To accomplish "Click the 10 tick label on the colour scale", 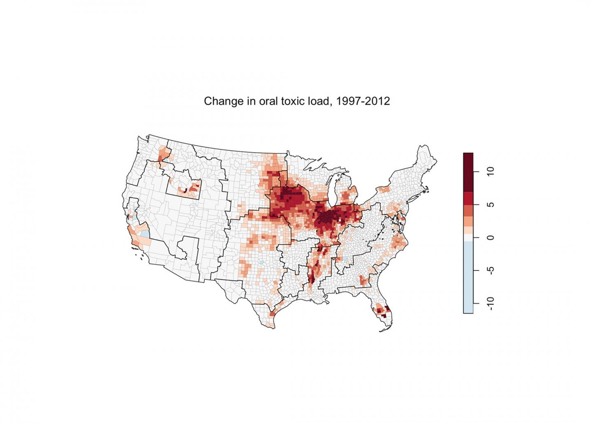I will [490, 172].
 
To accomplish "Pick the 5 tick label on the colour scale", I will [490, 205].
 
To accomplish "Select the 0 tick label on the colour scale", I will [490, 237].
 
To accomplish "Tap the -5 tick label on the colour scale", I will [490, 270].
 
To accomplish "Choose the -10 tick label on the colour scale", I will [490, 303].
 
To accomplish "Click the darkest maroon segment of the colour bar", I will [468, 172].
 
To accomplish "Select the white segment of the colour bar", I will [468, 238].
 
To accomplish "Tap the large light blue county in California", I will [144, 235].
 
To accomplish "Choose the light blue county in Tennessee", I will [346, 259].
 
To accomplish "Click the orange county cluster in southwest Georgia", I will [364, 280].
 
